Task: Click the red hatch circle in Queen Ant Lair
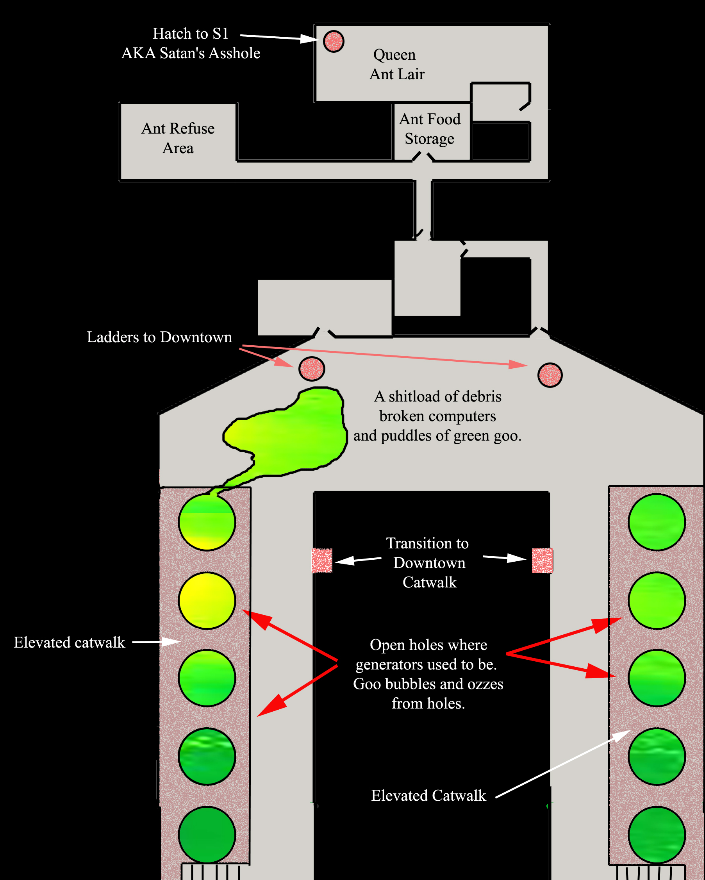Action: click(x=334, y=41)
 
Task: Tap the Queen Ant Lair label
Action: click(x=396, y=64)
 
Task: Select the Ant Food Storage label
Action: click(x=430, y=129)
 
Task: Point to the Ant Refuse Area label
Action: click(x=178, y=138)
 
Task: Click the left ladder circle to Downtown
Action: click(x=312, y=369)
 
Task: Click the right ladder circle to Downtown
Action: click(x=550, y=375)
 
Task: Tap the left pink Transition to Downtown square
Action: click(x=322, y=560)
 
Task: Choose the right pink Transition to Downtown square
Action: click(x=542, y=561)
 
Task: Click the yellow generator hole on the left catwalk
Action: click(x=207, y=600)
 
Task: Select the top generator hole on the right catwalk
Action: click(x=657, y=522)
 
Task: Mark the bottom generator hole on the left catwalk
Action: click(x=207, y=835)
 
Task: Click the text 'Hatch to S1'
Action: click(x=190, y=34)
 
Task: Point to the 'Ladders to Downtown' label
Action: click(x=159, y=337)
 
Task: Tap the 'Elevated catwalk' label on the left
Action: click(x=70, y=643)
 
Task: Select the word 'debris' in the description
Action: click(x=482, y=397)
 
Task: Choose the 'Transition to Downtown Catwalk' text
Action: click(x=428, y=563)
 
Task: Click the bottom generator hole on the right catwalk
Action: click(x=657, y=835)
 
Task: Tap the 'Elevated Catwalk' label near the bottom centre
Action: click(x=428, y=796)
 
